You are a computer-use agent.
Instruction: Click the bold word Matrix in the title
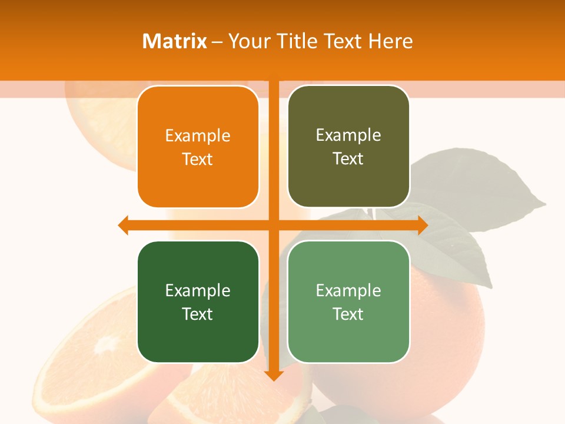coord(175,41)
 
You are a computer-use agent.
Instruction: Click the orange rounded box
coord(198,147)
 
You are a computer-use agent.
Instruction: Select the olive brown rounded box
coord(348,147)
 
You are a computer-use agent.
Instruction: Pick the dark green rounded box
coord(198,302)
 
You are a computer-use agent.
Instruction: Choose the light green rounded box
coord(348,302)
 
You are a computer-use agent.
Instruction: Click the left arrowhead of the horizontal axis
coord(123,225)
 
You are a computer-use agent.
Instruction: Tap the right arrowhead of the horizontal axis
coord(423,225)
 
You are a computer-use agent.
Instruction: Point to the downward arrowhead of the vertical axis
coord(274,375)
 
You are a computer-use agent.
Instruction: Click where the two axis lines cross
coord(274,225)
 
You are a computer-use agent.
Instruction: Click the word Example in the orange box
coord(198,136)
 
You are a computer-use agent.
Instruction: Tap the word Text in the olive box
coord(348,158)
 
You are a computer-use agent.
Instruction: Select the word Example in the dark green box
coord(198,290)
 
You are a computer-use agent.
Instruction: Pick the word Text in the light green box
coord(348,314)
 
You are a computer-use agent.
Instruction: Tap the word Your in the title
coord(245,41)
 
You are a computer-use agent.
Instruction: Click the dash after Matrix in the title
coord(217,42)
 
